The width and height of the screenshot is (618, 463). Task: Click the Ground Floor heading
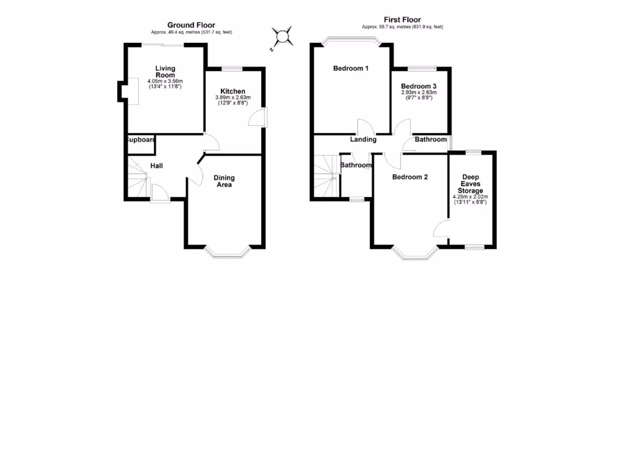[x=191, y=25]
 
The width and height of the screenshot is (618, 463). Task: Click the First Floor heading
[x=402, y=20]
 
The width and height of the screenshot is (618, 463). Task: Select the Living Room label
[x=165, y=72]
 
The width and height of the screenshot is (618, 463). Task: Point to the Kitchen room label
[x=232, y=91]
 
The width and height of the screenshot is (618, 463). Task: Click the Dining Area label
[x=223, y=181]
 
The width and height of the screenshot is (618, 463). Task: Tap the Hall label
[x=156, y=166]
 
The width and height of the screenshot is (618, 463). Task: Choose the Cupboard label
[x=141, y=140]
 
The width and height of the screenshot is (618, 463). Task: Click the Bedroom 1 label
[x=351, y=69]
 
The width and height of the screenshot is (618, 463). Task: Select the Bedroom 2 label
[x=410, y=177]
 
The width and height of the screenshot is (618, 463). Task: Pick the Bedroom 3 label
[x=419, y=86]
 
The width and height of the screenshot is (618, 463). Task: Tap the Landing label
[x=363, y=139]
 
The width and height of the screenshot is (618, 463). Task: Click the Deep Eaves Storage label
[x=470, y=184]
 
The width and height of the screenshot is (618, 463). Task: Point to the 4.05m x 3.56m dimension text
[x=165, y=81]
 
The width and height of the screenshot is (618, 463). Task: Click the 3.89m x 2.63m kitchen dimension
[x=232, y=98]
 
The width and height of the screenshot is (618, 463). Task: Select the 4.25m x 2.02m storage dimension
[x=470, y=197]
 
